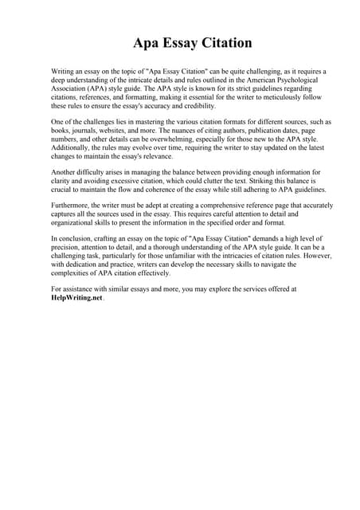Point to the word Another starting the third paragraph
[66, 172]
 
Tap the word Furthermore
[72, 206]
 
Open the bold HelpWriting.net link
[77, 298]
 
